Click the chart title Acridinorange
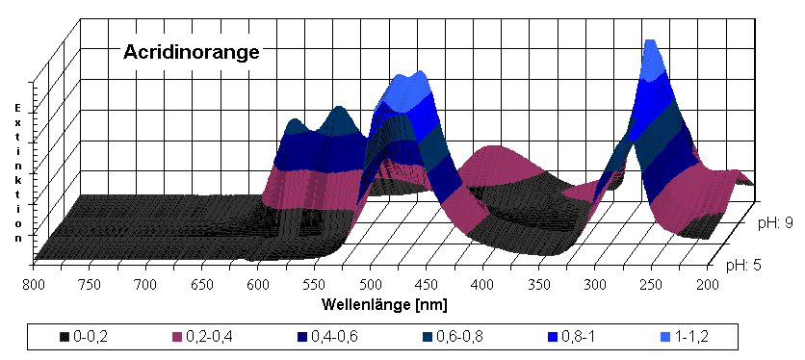192,53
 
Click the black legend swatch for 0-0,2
64,336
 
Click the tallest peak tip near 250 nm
651,44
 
